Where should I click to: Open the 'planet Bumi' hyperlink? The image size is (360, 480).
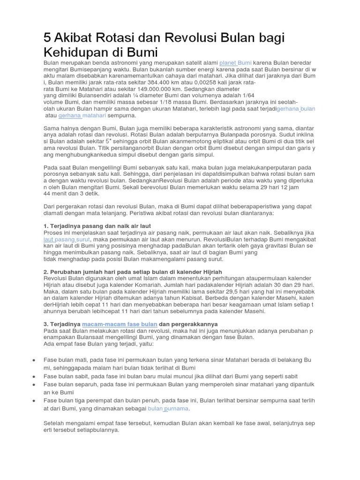coord(235,63)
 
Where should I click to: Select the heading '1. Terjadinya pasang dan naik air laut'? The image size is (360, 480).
coord(97,226)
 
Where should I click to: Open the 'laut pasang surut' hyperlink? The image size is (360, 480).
coord(67,240)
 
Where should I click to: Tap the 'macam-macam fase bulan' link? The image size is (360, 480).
coord(120,324)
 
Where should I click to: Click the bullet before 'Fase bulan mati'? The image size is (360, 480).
coord(35,360)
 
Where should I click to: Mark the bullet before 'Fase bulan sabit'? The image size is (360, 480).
coord(35,376)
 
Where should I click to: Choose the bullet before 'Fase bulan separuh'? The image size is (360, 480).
coord(35,384)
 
